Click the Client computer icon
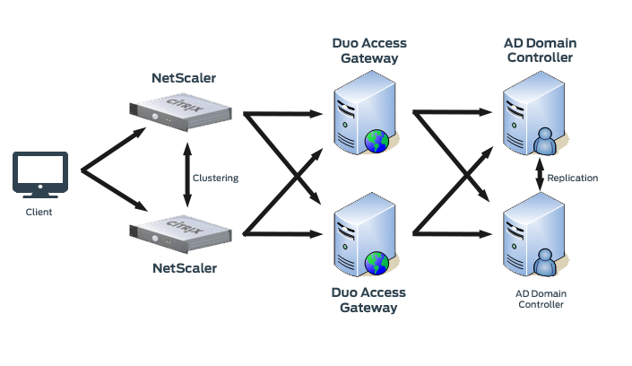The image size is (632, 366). coord(39,175)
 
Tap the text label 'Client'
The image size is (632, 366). coord(39,212)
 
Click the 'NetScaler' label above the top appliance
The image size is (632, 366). coord(184,78)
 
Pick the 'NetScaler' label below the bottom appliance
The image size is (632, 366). coord(184,267)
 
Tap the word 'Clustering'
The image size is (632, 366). coord(216,178)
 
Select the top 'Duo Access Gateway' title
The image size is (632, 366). coord(368,50)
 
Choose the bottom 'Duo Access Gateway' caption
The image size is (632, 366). coord(368,300)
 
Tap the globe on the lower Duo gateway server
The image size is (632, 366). coord(377,263)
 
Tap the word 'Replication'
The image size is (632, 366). coord(572,178)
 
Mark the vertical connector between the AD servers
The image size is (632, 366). coord(540,174)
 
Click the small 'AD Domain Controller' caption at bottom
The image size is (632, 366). coord(541,299)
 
